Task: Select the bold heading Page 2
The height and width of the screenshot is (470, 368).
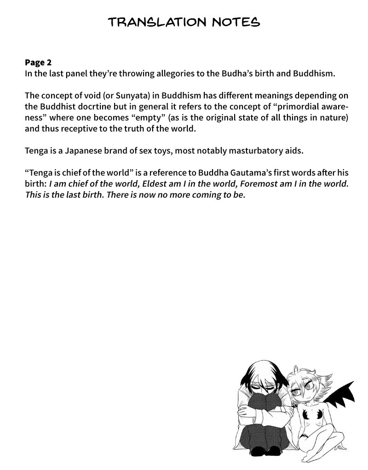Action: (39, 62)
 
